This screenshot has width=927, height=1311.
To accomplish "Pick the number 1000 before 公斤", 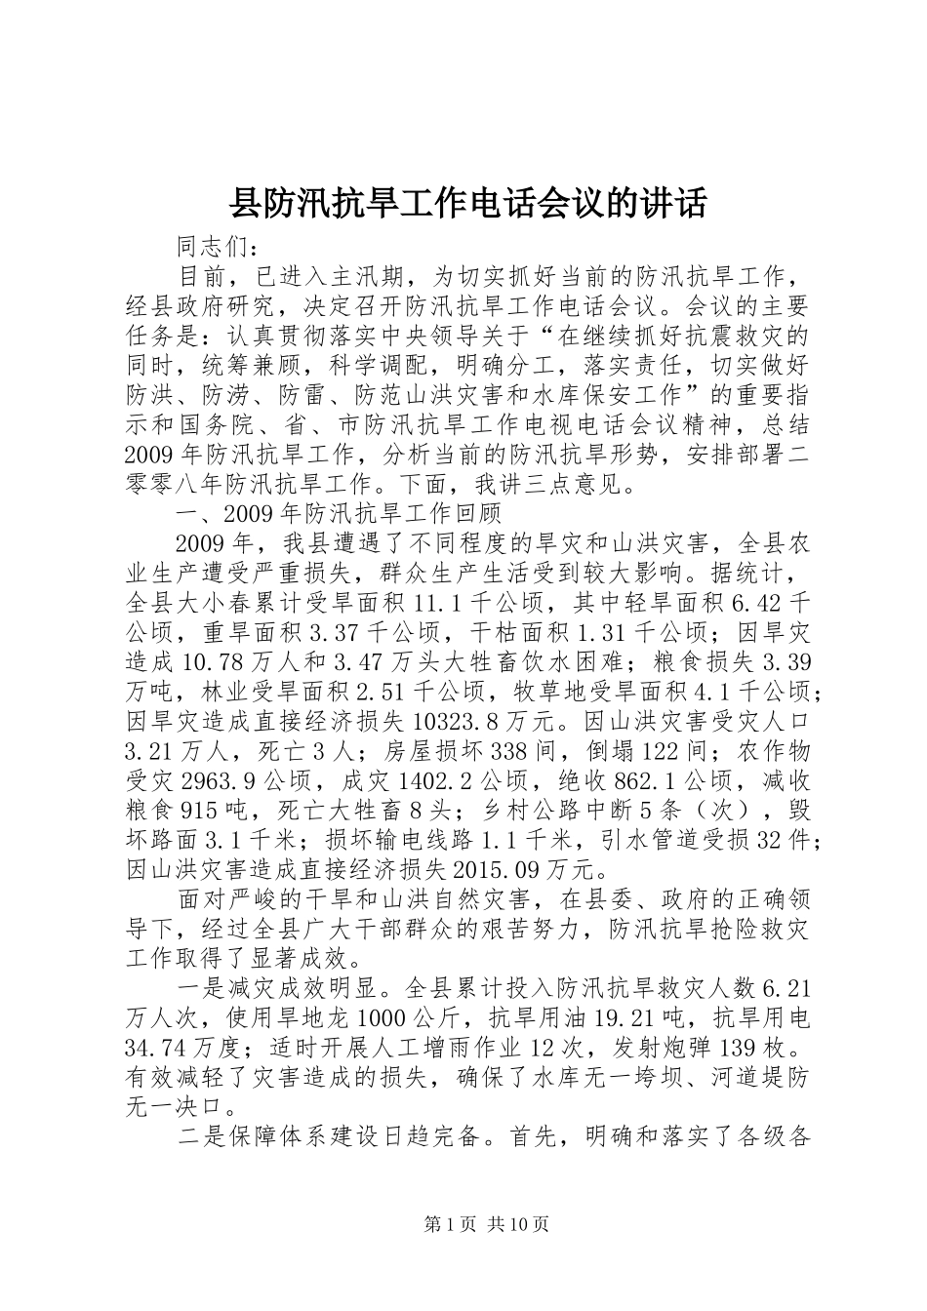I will (340, 1019).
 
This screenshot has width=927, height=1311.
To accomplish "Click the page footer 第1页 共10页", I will (463, 1224).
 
